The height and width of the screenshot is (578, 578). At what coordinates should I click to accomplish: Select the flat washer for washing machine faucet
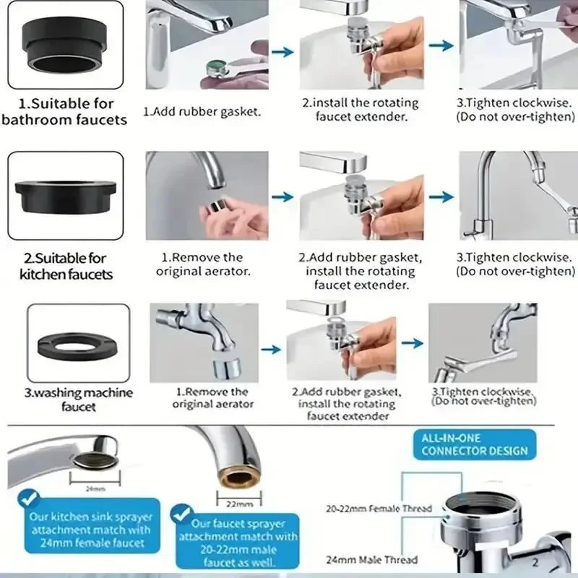(78, 342)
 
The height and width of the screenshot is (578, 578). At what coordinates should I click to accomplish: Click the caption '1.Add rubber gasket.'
(202, 112)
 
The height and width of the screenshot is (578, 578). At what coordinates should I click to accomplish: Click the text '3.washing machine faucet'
(79, 400)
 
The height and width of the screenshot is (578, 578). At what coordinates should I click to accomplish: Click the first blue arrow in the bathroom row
(285, 51)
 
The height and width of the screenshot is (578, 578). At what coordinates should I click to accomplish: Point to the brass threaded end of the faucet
(233, 478)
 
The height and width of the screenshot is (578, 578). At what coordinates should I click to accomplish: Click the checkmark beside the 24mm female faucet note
(28, 497)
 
